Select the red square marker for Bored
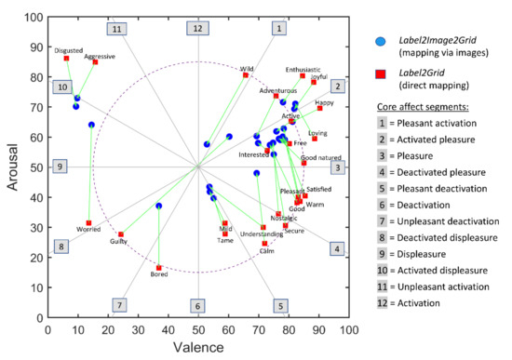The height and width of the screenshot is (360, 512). coord(159,268)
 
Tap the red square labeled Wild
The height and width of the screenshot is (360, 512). coord(246,75)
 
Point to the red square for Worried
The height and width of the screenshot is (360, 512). coord(88,223)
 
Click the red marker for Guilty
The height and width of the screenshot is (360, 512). coord(121,234)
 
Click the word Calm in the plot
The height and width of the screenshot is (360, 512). coord(267,251)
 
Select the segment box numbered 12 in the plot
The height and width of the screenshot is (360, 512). coord(196,29)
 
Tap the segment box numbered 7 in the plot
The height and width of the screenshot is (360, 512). coord(118,305)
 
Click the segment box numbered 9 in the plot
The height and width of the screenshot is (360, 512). coord(60,167)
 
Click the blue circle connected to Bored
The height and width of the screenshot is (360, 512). coord(159,206)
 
